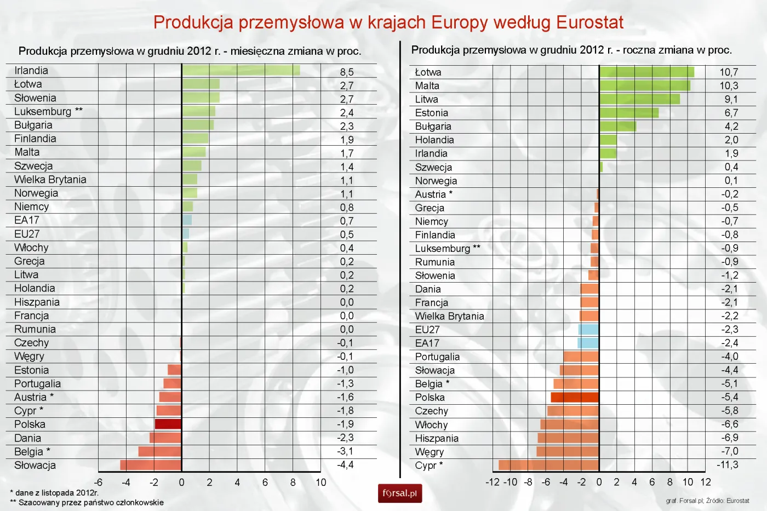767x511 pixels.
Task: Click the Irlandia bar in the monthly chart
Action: [241, 70]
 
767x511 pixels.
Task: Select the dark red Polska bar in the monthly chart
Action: [168, 424]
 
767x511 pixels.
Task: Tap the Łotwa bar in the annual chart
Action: [646, 72]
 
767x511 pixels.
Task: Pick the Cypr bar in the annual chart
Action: [548, 465]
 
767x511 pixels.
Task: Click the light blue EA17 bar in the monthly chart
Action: [187, 220]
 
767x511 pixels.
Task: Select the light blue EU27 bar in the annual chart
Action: [588, 330]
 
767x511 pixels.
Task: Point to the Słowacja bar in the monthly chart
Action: [151, 465]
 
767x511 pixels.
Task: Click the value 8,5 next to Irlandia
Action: [347, 72]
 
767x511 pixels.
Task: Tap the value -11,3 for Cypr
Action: [727, 465]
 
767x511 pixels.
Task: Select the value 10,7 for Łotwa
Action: [729, 72]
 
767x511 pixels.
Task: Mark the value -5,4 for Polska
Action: [729, 397]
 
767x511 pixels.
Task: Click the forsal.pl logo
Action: [400, 493]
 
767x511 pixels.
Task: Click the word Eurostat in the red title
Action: [589, 22]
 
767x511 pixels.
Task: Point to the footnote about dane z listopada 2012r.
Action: [55, 493]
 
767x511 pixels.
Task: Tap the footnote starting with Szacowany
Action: [88, 502]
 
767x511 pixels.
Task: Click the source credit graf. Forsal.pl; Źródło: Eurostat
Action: [707, 501]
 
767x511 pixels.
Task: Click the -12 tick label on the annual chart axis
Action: [492, 483]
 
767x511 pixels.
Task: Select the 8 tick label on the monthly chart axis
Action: [293, 483]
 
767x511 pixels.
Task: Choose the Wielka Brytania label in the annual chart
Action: [449, 316]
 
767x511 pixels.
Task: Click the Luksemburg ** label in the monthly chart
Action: [48, 111]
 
